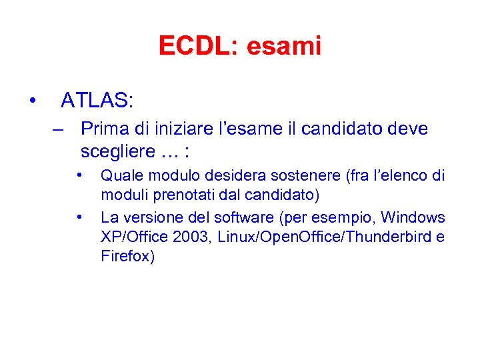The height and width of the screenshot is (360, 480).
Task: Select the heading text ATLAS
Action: click(96, 101)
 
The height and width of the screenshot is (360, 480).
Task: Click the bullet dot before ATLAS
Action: click(31, 101)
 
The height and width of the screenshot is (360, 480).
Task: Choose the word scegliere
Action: click(117, 151)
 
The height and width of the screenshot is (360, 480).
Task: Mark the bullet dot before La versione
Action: click(79, 217)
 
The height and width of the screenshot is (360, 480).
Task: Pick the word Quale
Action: click(118, 176)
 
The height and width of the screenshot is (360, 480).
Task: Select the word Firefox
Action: click(127, 257)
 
